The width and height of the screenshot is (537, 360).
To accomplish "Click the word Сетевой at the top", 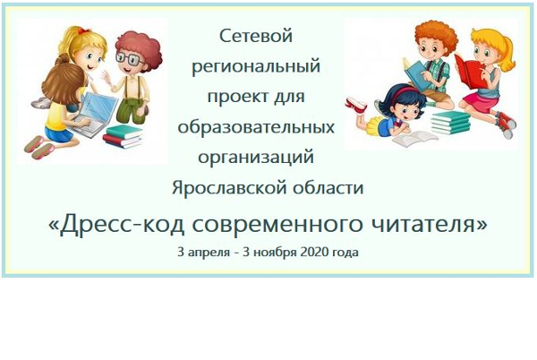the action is pyautogui.click(x=256, y=36).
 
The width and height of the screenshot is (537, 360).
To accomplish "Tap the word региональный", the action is pyautogui.click(x=256, y=66).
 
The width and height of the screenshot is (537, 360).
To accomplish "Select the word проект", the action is pyautogui.click(x=234, y=97).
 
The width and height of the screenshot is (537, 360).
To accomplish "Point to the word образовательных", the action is pyautogui.click(x=256, y=127).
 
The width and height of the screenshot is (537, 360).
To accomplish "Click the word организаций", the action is pyautogui.click(x=256, y=158).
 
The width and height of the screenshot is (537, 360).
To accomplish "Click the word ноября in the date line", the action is pyautogui.click(x=275, y=253).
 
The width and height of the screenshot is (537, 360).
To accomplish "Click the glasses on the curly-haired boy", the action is pyautogui.click(x=130, y=58).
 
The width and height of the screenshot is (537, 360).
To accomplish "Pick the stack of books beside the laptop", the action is pyautogui.click(x=123, y=136).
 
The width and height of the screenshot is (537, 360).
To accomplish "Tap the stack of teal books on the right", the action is pyautogui.click(x=451, y=123).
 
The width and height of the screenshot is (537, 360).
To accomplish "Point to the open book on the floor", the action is pyautogui.click(x=414, y=139).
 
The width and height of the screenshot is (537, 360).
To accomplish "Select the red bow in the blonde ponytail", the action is pyautogui.click(x=84, y=30).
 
